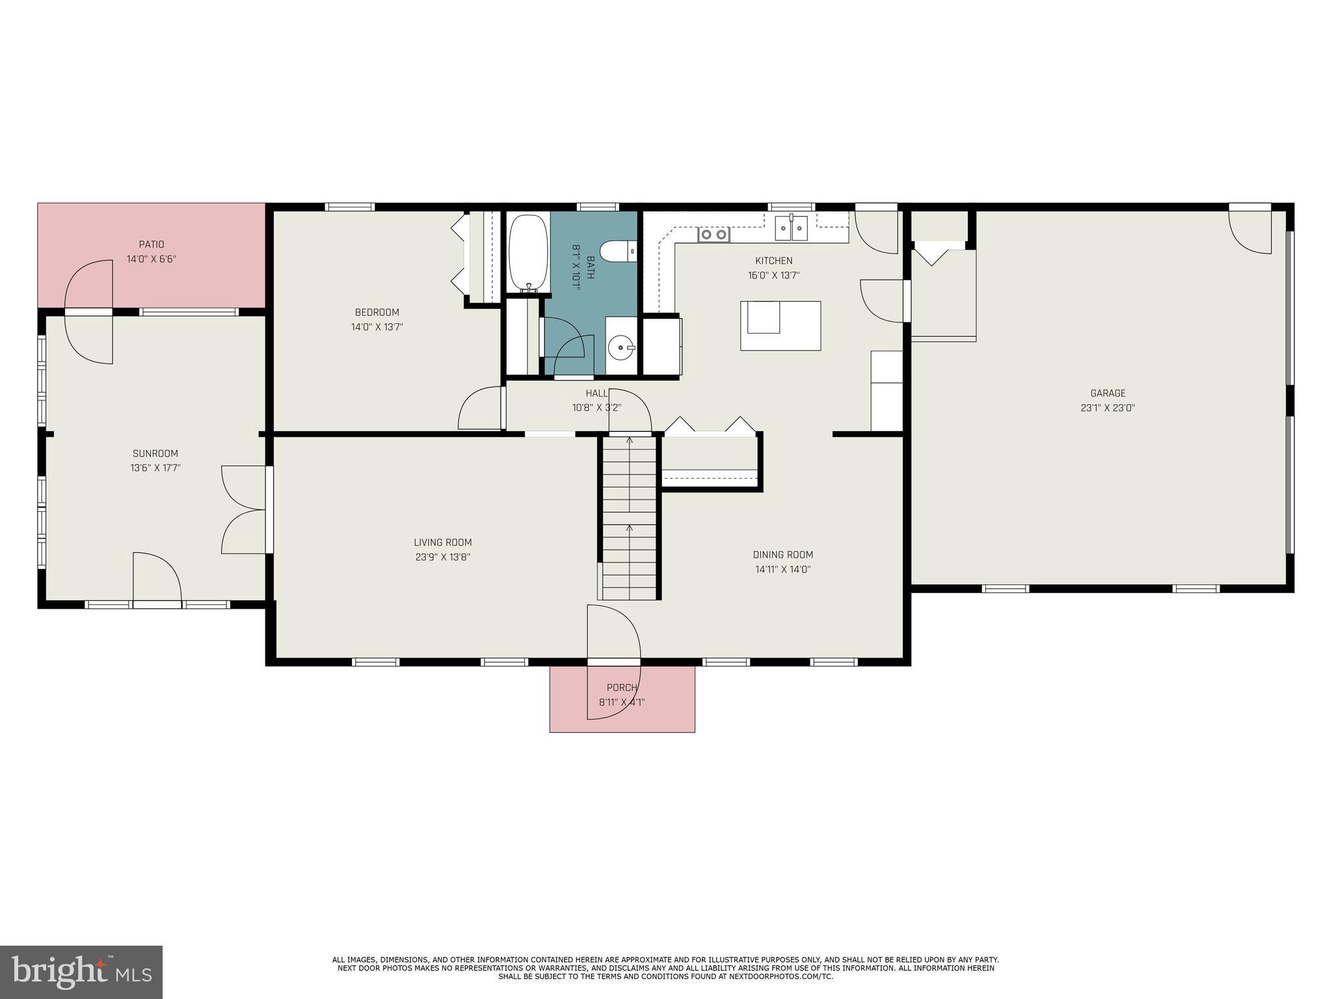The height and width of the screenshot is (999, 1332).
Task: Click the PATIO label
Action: point(152,245)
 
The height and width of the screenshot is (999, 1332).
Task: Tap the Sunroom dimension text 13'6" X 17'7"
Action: point(155,468)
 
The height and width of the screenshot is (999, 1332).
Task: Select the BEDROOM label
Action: point(377,312)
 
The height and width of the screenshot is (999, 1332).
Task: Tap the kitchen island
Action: point(780,325)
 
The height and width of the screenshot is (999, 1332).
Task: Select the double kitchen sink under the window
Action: point(791,228)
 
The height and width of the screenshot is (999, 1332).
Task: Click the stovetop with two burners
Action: point(713,234)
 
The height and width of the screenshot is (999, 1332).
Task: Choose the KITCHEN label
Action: point(773,261)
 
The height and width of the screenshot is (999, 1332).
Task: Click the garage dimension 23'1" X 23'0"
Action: point(1108,408)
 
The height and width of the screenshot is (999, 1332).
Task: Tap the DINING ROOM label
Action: point(782,555)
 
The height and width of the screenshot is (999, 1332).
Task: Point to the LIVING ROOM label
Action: point(443,542)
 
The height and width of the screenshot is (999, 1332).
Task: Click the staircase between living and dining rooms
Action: point(629,517)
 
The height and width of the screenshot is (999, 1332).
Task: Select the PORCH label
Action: point(622,687)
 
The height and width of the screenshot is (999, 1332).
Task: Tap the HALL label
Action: point(596,393)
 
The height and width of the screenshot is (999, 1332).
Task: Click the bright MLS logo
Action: point(81,972)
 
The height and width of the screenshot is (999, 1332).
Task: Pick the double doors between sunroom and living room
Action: point(245,509)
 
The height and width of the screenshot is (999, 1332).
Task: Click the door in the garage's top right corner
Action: point(1249,231)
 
